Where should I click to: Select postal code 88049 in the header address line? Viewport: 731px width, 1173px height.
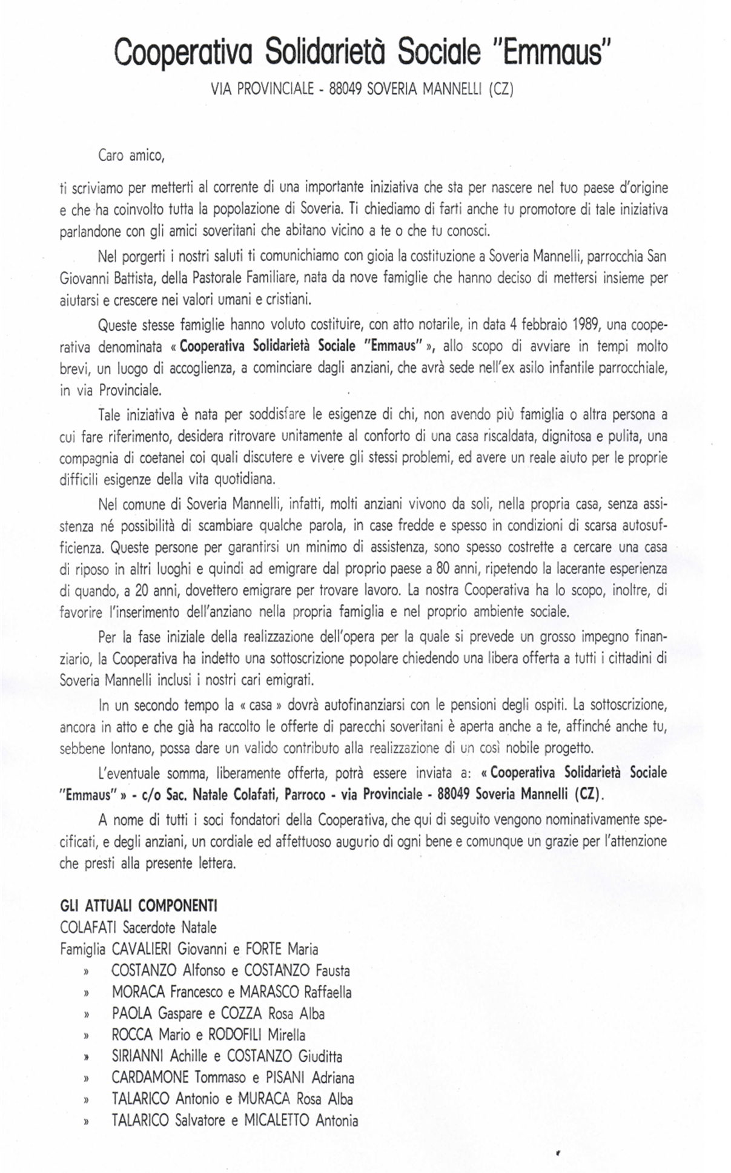[345, 90]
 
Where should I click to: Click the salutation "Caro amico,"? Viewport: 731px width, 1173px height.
[131, 156]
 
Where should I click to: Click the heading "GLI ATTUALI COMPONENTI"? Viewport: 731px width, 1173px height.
[139, 905]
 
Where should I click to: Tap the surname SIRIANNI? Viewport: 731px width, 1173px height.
[137, 1056]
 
